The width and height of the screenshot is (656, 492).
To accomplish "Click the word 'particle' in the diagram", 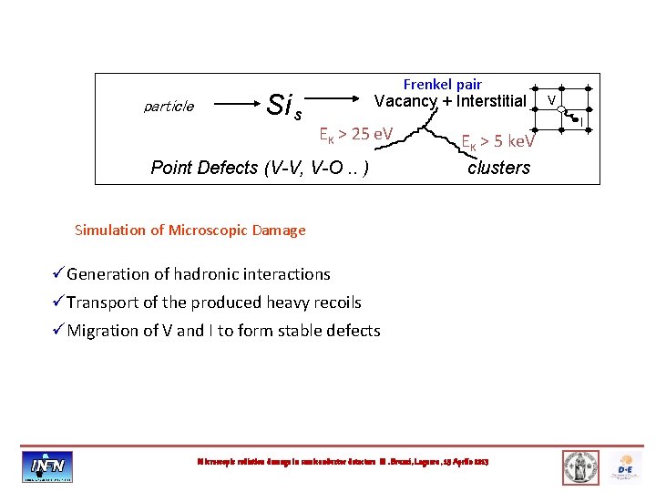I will [169, 107].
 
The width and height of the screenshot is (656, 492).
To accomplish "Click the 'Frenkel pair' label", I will [443, 85].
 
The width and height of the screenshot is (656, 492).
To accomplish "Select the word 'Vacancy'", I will [405, 101].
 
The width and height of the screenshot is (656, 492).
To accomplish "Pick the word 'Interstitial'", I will [491, 101].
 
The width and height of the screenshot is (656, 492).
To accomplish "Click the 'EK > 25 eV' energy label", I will [355, 135].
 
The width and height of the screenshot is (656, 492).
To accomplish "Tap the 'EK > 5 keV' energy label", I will [498, 141].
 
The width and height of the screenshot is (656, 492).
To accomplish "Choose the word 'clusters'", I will [498, 168].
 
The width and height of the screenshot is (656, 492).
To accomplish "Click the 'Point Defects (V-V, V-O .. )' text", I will [260, 168].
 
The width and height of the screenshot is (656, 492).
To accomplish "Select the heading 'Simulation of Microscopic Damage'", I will [190, 231].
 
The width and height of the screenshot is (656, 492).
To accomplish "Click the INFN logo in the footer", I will [48, 466].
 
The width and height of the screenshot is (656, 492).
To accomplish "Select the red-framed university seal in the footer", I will [580, 466].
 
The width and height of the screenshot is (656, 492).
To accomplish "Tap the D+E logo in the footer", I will [627, 466].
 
